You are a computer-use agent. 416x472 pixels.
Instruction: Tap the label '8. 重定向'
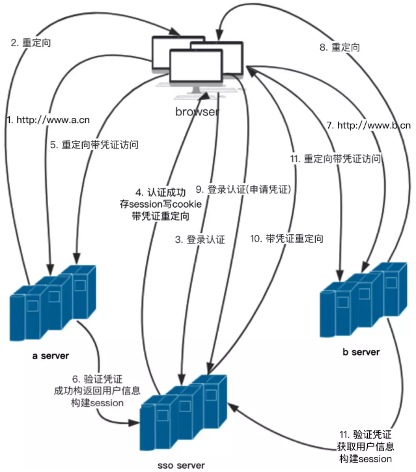pos(339,48)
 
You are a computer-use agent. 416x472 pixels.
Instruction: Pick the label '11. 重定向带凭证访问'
pos(335,159)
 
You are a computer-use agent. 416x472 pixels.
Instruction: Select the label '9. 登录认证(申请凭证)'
pos(248,190)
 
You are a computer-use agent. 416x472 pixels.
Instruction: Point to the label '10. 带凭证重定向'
pos(286,239)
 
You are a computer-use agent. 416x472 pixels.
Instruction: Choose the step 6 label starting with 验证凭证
pos(98,391)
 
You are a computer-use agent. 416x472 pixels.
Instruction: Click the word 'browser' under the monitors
pos(197,112)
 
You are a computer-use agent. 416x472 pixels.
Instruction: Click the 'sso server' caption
pos(180,465)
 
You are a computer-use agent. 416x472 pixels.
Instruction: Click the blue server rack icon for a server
pos(53,303)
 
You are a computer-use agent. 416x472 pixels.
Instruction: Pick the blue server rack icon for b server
pos(362,299)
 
